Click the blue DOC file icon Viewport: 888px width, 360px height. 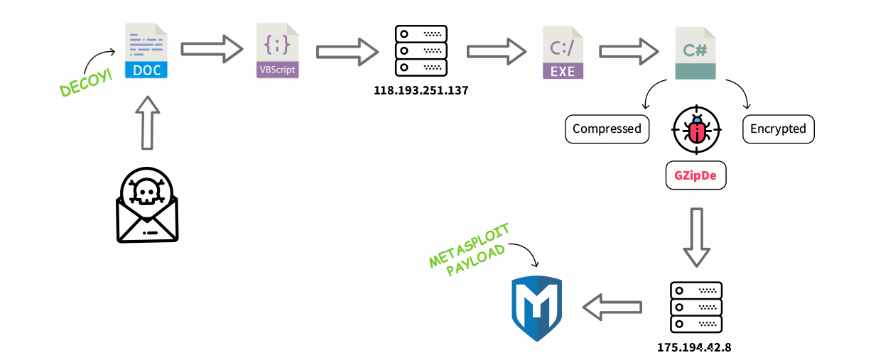(146, 50)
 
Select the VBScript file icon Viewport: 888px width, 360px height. (277, 50)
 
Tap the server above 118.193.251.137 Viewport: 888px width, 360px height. (421, 50)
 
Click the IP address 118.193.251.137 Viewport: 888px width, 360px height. (421, 91)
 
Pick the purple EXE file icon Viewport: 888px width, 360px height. (563, 51)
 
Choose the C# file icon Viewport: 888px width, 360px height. (695, 51)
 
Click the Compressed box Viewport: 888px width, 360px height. (607, 129)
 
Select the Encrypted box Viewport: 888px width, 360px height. (778, 129)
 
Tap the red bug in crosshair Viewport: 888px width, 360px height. (696, 130)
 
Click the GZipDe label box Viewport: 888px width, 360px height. (696, 175)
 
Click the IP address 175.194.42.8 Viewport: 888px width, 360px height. (695, 347)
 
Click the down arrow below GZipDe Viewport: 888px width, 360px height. (696, 237)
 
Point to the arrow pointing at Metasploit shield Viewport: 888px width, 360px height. (612, 306)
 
